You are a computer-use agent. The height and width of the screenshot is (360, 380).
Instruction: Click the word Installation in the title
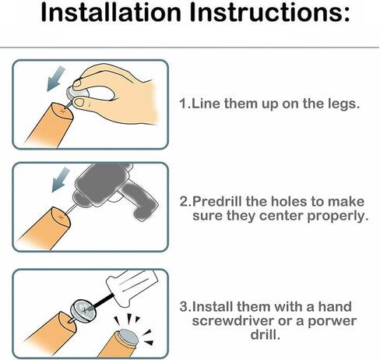click(111, 12)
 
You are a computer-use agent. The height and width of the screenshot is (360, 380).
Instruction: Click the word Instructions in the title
click(269, 12)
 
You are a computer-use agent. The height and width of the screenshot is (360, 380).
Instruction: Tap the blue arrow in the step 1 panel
click(56, 78)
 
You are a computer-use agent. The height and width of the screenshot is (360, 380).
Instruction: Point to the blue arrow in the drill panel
click(61, 179)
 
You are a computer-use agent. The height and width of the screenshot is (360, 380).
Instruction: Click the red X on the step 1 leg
click(62, 111)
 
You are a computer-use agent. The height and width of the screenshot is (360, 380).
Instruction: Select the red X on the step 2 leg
click(61, 217)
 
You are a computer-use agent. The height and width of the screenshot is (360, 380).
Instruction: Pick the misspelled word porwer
click(332, 322)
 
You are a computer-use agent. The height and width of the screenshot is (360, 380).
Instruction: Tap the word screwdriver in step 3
click(233, 321)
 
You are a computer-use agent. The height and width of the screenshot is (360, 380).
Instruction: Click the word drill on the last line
click(266, 334)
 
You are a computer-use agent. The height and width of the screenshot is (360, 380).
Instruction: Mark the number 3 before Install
click(184, 307)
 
